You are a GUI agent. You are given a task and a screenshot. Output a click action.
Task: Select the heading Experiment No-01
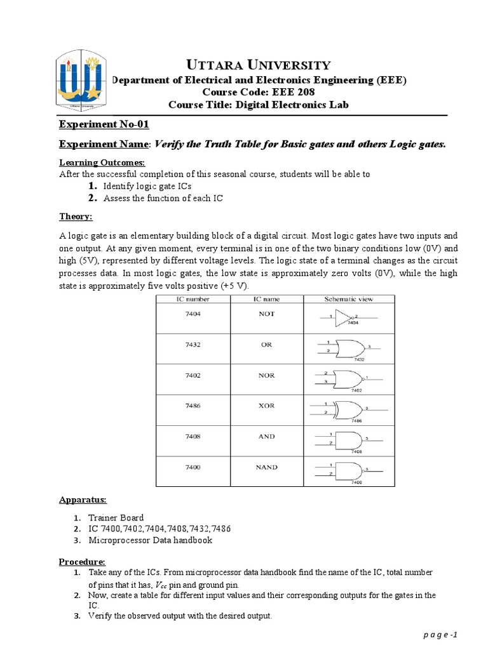[104, 124]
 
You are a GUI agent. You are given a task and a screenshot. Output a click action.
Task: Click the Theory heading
[76, 217]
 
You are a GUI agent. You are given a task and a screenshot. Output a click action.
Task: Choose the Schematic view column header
[349, 298]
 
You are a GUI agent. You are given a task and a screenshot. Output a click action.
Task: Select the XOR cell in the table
[267, 406]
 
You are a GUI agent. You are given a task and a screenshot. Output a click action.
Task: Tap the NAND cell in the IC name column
[267, 467]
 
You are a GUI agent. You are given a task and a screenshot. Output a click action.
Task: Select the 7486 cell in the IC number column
[193, 406]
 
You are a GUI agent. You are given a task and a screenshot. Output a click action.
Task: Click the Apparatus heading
[82, 500]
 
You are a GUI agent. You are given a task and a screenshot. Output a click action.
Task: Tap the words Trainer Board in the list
[116, 517]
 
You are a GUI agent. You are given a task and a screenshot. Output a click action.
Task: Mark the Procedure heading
[82, 562]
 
